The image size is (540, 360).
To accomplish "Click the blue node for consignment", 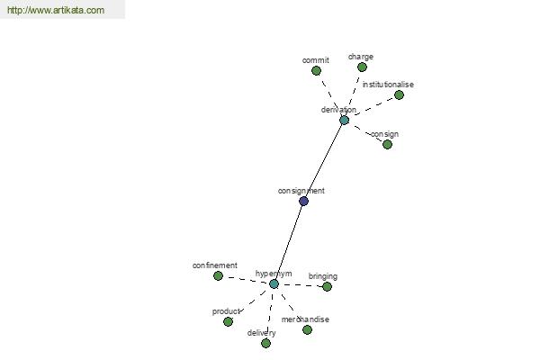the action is tap(303, 201).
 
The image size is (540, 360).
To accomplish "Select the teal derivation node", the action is tap(344, 120).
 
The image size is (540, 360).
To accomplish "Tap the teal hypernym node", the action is tap(274, 283).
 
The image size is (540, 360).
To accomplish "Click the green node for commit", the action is tap(316, 70).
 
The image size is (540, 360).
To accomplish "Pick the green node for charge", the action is tap(362, 67).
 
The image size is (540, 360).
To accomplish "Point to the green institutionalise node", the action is tap(399, 94).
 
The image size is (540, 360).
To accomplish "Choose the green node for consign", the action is tap(387, 144).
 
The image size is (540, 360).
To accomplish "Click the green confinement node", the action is tap(218, 275).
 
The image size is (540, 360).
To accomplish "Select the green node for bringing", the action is tap(327, 286).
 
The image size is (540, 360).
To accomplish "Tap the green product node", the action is tap(228, 321).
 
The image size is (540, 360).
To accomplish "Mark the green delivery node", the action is tap(265, 343).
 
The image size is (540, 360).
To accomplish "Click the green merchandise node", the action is tap(307, 329).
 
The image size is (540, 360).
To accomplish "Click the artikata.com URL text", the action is tap(56, 10).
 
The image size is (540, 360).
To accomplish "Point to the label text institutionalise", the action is tap(388, 85).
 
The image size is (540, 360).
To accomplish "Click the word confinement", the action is tap(214, 265).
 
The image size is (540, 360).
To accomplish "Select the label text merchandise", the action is tap(305, 319).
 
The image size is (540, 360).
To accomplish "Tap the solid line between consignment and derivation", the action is tap(324, 160).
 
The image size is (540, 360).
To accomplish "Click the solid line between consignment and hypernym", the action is tap(289, 242).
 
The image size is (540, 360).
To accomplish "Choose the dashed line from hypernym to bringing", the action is tap(301, 285).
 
